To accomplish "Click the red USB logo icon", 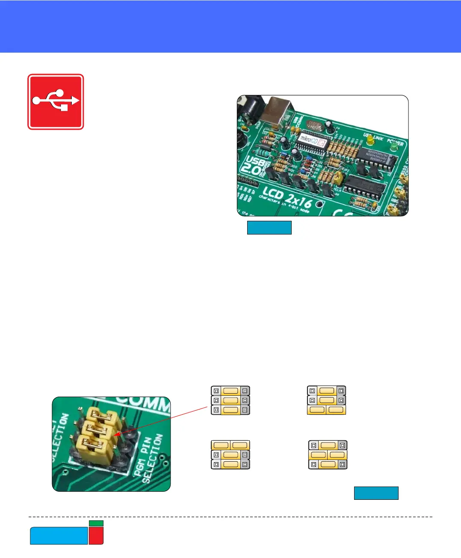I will tap(56, 101).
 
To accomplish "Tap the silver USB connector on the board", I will tap(276, 111).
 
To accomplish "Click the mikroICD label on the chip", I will tap(312, 139).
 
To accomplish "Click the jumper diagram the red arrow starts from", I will tap(230, 400).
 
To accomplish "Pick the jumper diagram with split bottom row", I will tap(326, 400).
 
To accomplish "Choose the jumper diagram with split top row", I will tap(230, 455).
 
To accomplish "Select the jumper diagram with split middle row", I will tap(328, 455).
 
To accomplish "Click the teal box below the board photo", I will tap(269, 228).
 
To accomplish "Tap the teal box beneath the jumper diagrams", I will tap(376, 493).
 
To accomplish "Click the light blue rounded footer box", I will tap(59, 536).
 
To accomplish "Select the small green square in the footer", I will tap(96, 523).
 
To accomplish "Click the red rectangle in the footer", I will tap(96, 536).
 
